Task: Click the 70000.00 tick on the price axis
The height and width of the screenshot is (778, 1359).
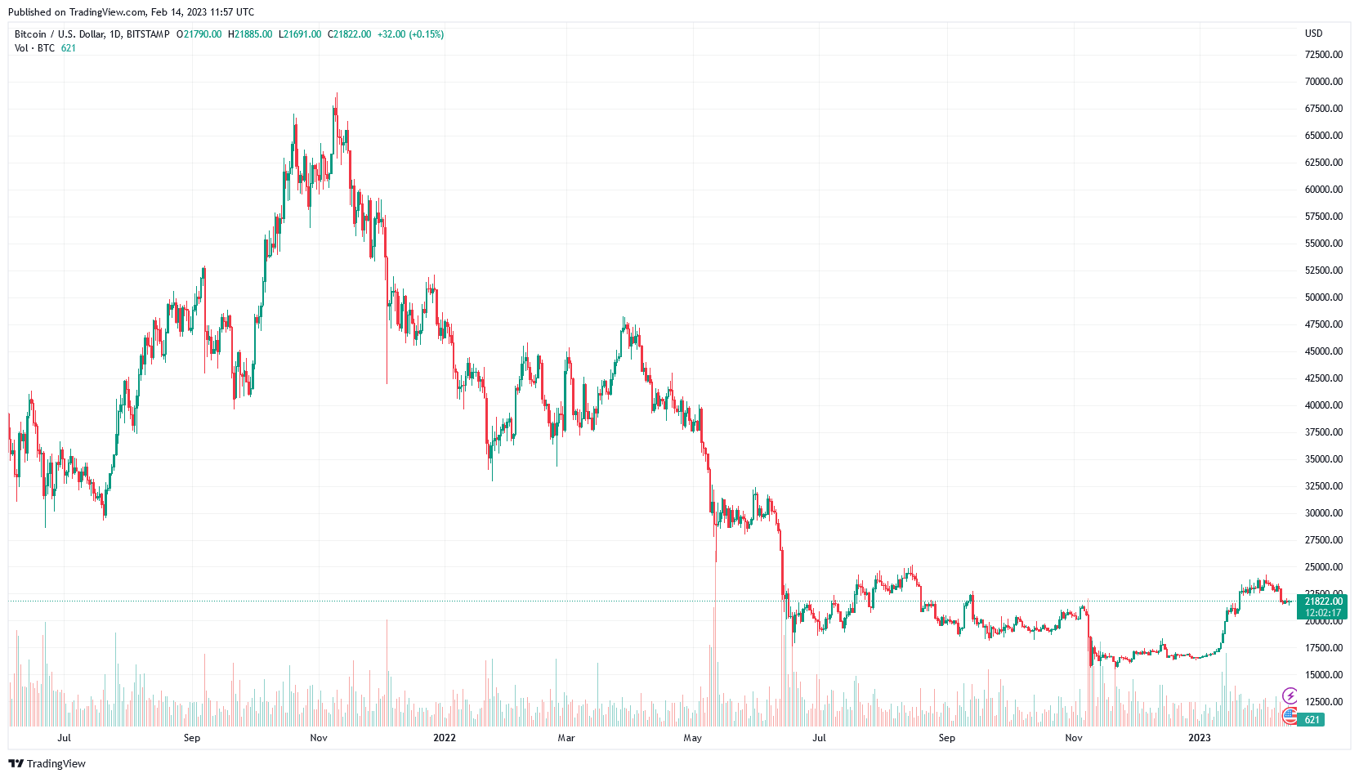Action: [x=1323, y=82]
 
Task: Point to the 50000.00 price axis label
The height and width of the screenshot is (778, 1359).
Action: [x=1323, y=297]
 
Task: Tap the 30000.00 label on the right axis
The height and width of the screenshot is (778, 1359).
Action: [x=1323, y=513]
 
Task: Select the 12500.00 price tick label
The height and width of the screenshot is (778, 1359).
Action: [x=1323, y=702]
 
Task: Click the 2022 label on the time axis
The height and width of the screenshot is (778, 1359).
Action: [x=445, y=738]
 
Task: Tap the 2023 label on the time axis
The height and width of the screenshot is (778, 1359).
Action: [x=1199, y=738]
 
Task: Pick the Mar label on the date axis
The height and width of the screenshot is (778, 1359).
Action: [x=566, y=738]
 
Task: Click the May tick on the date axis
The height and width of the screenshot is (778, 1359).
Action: [x=692, y=738]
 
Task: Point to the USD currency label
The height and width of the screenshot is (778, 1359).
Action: [x=1313, y=34]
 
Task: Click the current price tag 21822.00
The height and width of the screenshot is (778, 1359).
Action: [x=1323, y=601]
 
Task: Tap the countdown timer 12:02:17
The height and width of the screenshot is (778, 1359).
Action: [x=1323, y=613]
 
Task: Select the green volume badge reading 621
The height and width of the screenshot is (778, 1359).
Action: [x=1312, y=720]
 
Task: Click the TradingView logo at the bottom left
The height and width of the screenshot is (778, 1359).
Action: [x=47, y=763]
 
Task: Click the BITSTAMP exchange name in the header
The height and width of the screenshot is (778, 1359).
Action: [x=148, y=34]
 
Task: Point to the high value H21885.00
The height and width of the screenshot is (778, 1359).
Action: [x=250, y=34]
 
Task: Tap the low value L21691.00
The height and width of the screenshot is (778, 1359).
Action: [x=300, y=34]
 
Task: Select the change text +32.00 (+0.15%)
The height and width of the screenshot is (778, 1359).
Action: [x=410, y=34]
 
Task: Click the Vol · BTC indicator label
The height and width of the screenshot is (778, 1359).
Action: [x=34, y=48]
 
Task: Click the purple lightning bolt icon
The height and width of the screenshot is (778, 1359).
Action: [x=1290, y=696]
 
